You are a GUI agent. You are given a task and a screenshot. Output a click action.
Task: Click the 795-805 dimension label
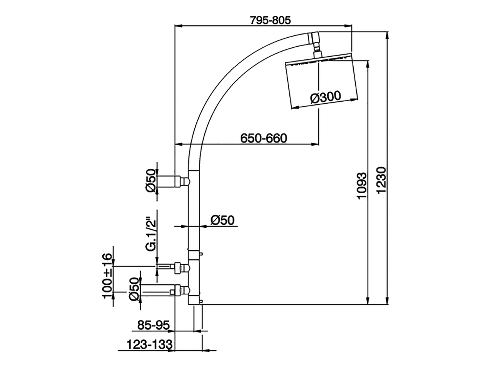(x=270, y=20)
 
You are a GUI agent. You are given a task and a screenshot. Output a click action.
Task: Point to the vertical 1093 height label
(x=362, y=186)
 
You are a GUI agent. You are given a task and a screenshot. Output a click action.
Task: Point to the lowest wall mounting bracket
(x=165, y=291)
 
